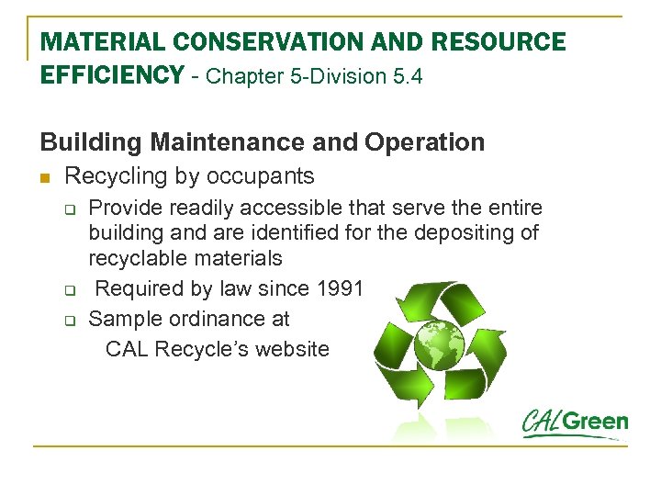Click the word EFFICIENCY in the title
(x=112, y=75)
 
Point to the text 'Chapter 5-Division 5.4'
(x=315, y=76)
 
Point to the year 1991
(x=340, y=288)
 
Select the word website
(x=290, y=349)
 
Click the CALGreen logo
(x=575, y=423)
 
